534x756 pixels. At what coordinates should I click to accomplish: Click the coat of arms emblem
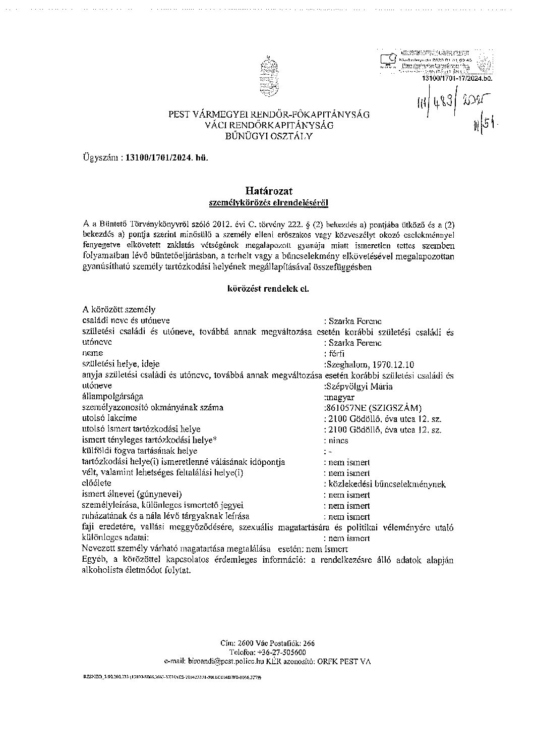point(268,77)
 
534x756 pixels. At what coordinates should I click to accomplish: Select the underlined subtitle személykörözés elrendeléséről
point(269,202)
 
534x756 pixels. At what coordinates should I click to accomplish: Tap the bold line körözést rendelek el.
point(268,289)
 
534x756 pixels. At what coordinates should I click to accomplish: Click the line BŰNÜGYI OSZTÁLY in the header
point(269,136)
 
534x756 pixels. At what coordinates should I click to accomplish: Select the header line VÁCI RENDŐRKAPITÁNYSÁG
point(269,125)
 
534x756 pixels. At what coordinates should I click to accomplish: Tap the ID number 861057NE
point(348,408)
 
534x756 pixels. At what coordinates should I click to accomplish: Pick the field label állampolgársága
point(112,397)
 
